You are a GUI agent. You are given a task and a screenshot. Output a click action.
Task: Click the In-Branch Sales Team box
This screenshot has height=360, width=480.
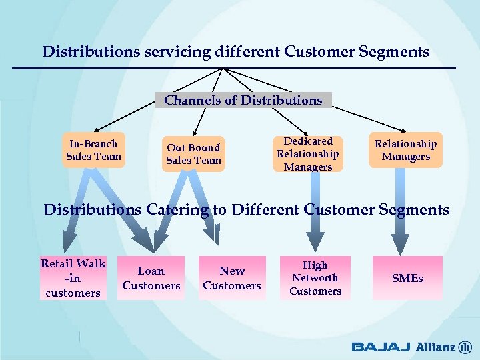94,150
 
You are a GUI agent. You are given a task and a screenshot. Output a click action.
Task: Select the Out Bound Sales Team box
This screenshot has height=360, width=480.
193,154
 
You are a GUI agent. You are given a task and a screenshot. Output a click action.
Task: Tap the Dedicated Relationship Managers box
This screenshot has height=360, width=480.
307,154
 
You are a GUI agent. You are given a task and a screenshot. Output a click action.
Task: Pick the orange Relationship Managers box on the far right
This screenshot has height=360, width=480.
405,150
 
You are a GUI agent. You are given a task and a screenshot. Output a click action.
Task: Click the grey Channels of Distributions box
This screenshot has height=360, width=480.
243,100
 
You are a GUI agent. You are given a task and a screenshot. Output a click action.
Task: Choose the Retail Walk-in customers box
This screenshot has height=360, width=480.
73,278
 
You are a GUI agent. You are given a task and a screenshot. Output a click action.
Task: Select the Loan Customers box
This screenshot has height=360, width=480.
151,278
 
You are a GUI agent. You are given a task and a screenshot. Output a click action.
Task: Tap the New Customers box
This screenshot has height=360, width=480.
232,278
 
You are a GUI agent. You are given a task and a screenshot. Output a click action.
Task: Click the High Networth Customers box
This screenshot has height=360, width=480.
315,278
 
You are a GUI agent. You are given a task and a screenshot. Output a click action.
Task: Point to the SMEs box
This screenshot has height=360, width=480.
407,278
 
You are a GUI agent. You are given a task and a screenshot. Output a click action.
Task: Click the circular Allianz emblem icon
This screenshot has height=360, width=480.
465,347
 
